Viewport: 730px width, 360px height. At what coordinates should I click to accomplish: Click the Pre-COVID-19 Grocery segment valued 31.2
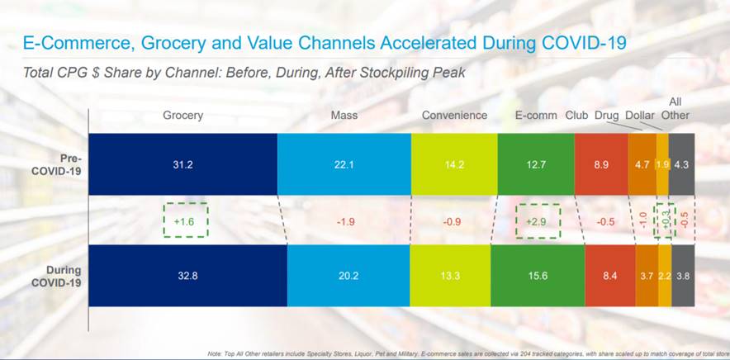[182, 164]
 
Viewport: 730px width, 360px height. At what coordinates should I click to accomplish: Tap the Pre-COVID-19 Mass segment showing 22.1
[344, 164]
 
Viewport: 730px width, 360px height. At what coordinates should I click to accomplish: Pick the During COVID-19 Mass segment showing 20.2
[348, 276]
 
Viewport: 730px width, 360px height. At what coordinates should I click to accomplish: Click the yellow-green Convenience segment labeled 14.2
[453, 164]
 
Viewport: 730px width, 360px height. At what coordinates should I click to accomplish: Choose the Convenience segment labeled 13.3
[449, 276]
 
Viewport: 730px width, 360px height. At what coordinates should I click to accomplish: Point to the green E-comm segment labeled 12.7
[535, 164]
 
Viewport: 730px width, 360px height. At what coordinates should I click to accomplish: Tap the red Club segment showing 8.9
[601, 164]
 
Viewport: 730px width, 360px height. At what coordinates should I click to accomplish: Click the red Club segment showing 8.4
[609, 276]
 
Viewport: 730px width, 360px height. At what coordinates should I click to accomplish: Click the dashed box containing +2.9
[537, 220]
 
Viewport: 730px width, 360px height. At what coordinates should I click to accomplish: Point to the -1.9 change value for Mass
[344, 221]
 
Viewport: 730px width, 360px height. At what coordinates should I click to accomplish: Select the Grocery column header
[182, 116]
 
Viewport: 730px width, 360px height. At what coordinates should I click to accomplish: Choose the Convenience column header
[454, 116]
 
